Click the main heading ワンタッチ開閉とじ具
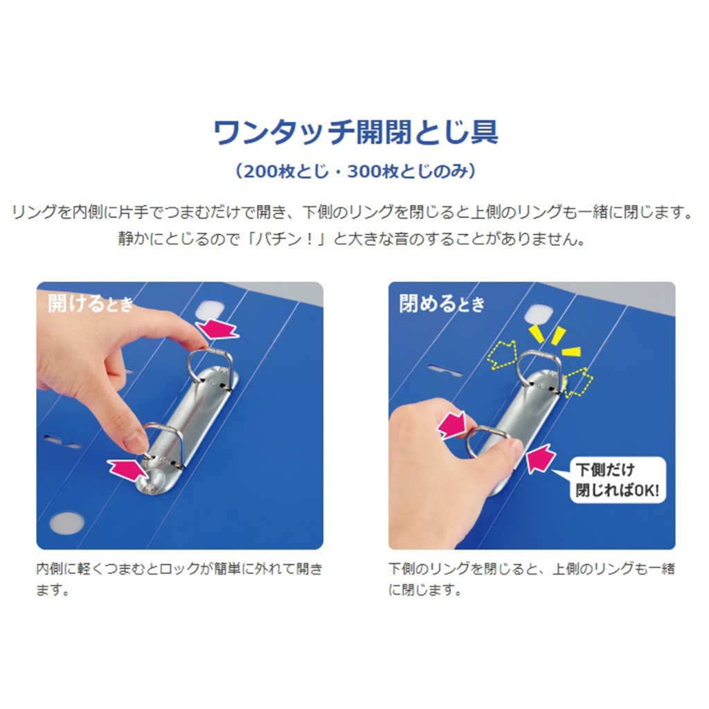(356, 132)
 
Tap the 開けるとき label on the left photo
(91, 303)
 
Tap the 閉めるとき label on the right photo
(442, 303)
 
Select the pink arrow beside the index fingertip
(217, 329)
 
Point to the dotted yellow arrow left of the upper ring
(503, 354)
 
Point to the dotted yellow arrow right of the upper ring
(578, 382)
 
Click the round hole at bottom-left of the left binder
(67, 523)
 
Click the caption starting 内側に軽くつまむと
(179, 580)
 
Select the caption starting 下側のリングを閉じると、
(531, 580)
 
